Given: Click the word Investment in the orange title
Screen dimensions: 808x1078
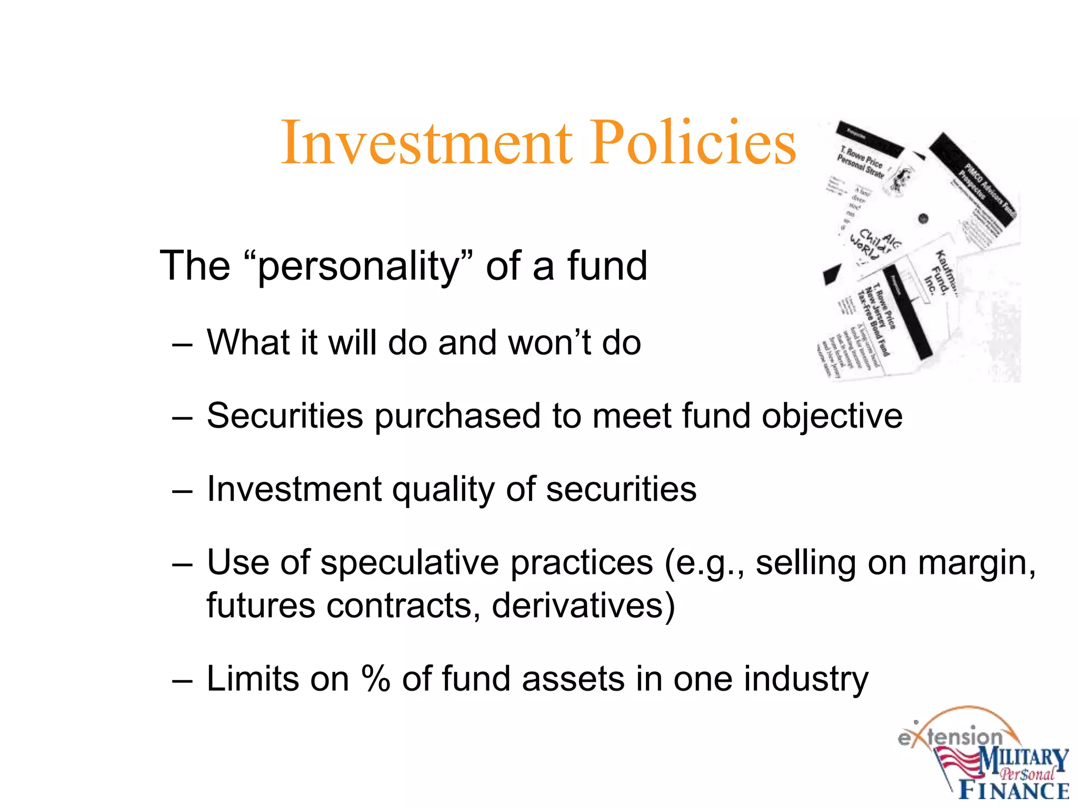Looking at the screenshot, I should click(426, 143).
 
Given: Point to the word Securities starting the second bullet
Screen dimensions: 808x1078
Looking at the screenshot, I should click(285, 416).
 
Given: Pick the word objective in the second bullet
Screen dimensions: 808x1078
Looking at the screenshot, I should click(832, 417).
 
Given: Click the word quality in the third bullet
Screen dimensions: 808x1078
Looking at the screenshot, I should click(443, 490).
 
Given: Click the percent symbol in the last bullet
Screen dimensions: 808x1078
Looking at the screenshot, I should click(376, 679).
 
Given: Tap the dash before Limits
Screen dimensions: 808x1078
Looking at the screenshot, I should click(182, 680).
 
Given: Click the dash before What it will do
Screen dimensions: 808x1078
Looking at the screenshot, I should click(182, 344).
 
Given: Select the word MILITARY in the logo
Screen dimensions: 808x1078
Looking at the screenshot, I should click(1023, 760).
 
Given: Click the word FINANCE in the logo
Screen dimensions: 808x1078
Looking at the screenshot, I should click(1014, 791).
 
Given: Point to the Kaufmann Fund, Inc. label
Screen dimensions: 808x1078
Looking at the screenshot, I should click(940, 274).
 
